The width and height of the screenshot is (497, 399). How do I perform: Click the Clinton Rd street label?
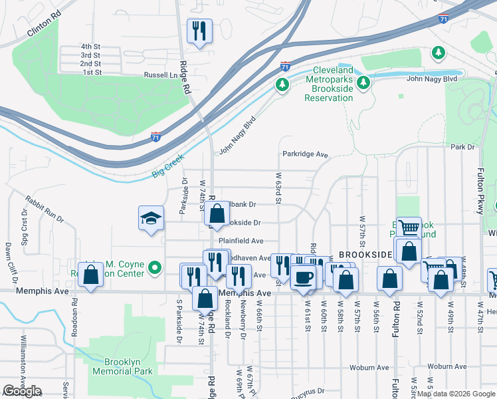point(44,26)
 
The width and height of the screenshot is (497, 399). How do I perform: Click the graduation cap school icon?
point(151,217)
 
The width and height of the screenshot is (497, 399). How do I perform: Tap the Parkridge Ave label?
point(305,155)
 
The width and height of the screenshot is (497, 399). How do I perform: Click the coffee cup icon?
point(304,277)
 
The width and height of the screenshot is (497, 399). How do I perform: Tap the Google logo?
point(22,391)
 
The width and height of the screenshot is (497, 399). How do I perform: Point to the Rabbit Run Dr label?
point(45,208)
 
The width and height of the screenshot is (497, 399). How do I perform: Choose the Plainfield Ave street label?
point(241,241)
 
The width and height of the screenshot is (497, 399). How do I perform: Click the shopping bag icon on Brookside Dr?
point(217,214)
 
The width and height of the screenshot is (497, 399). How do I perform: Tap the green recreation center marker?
point(155,268)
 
